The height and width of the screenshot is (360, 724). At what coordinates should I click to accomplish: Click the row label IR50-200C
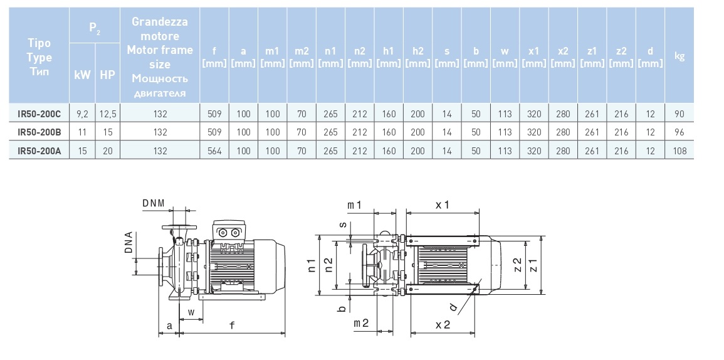click(x=39, y=114)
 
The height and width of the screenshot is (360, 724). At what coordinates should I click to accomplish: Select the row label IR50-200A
click(x=39, y=151)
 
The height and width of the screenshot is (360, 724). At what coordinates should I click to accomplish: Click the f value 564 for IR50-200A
click(x=214, y=151)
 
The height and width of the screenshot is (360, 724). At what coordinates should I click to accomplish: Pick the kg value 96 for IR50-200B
click(x=679, y=132)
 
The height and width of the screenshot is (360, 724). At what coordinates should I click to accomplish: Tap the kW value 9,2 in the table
click(x=82, y=114)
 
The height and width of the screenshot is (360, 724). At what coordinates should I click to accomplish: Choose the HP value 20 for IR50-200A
click(x=107, y=151)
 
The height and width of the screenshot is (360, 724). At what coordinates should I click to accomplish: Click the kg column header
click(x=679, y=56)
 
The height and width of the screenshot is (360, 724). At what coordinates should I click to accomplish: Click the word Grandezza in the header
click(x=160, y=22)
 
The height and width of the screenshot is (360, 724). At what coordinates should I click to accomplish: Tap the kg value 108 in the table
click(x=679, y=151)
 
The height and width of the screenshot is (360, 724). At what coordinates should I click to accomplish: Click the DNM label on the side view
click(x=153, y=203)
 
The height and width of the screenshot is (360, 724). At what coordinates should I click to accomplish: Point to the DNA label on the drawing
click(x=129, y=244)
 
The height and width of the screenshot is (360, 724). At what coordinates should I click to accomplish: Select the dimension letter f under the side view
click(x=233, y=326)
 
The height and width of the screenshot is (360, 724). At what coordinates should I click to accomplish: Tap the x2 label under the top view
click(x=442, y=325)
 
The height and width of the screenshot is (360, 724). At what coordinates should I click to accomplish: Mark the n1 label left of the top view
click(x=312, y=267)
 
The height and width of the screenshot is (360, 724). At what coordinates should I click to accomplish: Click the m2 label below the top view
click(x=361, y=322)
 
